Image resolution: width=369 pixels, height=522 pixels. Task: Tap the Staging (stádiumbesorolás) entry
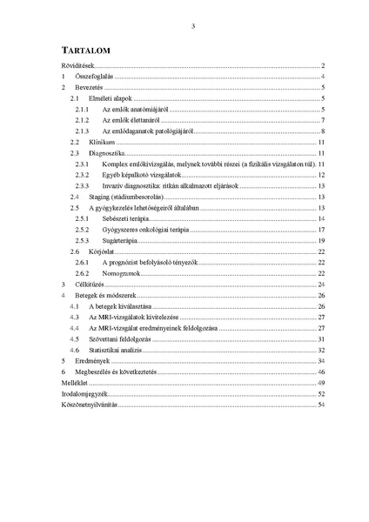tap(125, 197)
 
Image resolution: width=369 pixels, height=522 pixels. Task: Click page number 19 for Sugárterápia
tap(321, 240)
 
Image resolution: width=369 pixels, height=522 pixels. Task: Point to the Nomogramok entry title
tap(121, 273)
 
